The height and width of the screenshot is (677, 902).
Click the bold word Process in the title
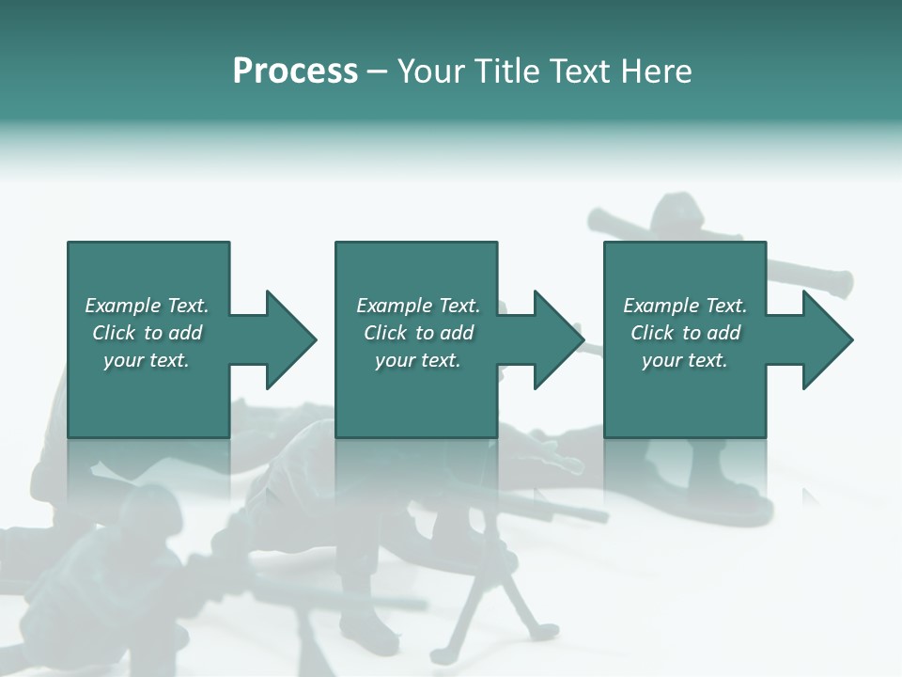(x=295, y=71)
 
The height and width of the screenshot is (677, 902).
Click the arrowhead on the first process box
(x=290, y=339)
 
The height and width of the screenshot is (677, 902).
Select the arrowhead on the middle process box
(x=558, y=339)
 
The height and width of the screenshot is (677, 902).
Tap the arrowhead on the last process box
(x=827, y=339)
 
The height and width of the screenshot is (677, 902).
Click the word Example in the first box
(x=122, y=306)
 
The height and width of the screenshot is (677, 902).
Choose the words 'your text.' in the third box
(x=684, y=360)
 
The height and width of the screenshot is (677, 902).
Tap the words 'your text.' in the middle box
(x=417, y=360)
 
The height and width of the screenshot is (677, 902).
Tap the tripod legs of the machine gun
(x=512, y=602)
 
